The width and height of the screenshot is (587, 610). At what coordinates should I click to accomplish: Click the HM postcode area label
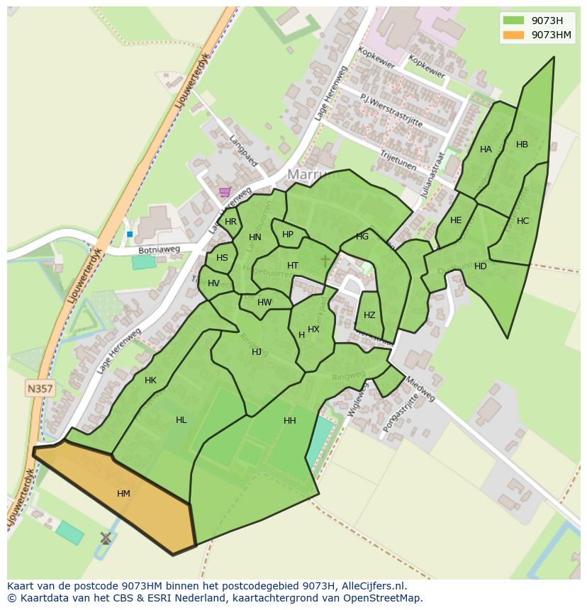(x=123, y=494)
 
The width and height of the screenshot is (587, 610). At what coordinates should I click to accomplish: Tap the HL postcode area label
(x=181, y=420)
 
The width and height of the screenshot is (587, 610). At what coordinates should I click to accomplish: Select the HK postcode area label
(x=150, y=380)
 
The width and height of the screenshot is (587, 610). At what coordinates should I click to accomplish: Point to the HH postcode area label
(x=289, y=421)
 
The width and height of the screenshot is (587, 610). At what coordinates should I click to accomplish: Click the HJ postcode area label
(x=257, y=352)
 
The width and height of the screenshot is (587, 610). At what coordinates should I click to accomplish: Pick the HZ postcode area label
(x=369, y=315)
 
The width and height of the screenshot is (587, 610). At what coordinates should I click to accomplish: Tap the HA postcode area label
(x=486, y=149)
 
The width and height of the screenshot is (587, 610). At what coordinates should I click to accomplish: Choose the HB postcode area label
(x=522, y=145)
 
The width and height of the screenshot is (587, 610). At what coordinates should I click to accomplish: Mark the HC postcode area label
(x=522, y=221)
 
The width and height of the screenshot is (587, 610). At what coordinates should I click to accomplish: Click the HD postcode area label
(x=481, y=266)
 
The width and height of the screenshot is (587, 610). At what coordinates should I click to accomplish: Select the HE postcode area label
(x=456, y=220)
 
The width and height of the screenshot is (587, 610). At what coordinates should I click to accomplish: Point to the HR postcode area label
(x=230, y=222)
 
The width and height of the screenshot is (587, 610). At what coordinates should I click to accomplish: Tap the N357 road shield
(x=40, y=388)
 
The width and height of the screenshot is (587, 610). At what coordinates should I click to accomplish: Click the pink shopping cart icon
(x=225, y=191)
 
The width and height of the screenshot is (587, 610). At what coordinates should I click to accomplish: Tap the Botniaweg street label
(x=159, y=250)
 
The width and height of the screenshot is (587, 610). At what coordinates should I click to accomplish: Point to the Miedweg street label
(x=420, y=388)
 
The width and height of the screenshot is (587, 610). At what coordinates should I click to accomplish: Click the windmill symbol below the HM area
(x=106, y=538)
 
